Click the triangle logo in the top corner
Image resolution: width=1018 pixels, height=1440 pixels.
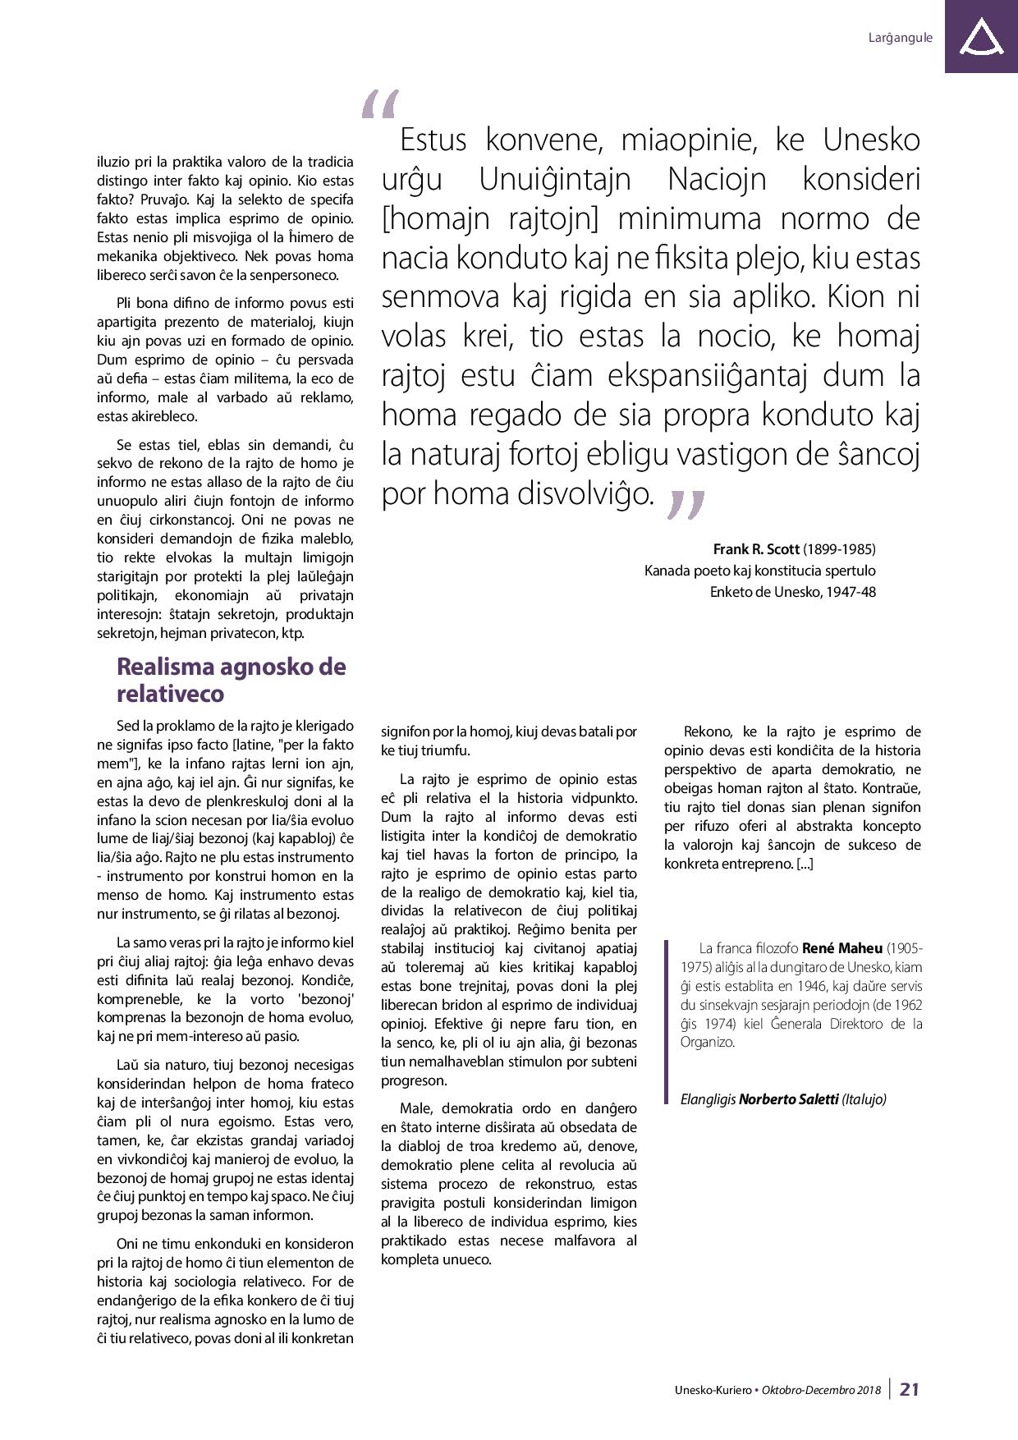click(980, 37)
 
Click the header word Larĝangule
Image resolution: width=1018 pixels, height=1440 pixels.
click(900, 38)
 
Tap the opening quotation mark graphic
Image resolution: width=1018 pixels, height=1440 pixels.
click(379, 104)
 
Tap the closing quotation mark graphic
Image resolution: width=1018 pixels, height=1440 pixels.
click(686, 504)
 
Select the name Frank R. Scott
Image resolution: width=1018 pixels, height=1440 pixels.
click(755, 548)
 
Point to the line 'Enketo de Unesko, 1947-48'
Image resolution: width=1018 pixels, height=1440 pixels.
click(792, 591)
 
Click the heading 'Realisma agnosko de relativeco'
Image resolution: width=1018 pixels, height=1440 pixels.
click(231, 680)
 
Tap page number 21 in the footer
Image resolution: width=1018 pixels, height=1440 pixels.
click(910, 1389)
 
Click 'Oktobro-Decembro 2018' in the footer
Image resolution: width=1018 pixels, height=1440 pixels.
click(821, 1390)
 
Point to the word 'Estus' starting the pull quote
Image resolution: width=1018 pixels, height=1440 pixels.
click(433, 140)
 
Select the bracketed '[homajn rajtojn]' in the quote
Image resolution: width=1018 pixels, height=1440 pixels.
click(488, 219)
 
